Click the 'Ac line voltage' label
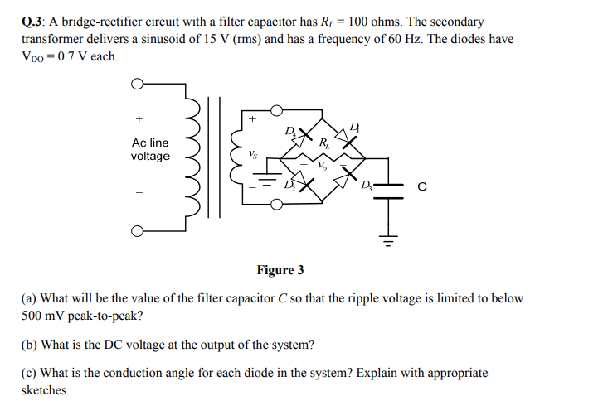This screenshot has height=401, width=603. click(x=150, y=150)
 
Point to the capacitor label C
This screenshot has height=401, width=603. click(x=422, y=187)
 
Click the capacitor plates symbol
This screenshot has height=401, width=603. click(x=387, y=187)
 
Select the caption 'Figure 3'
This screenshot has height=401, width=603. click(x=280, y=270)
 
